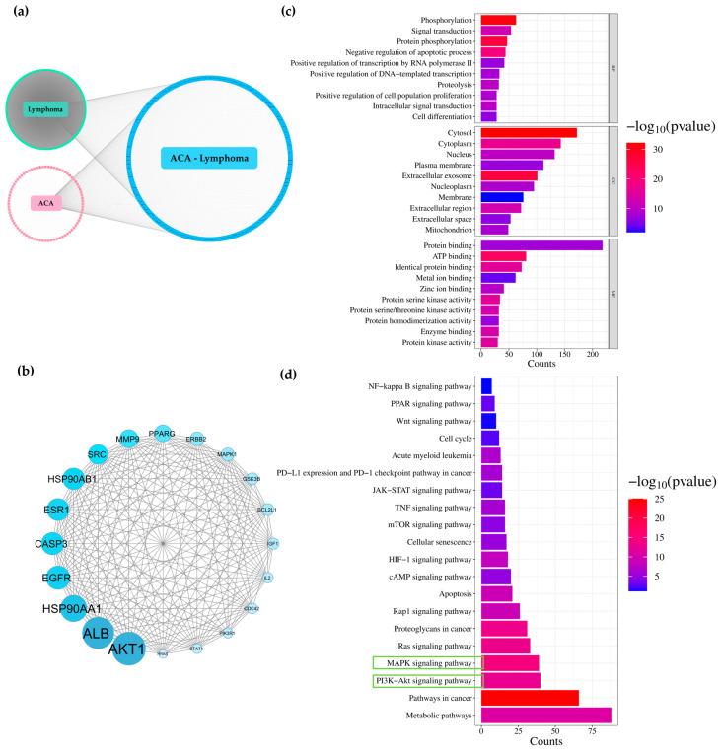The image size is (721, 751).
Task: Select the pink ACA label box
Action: tap(44, 203)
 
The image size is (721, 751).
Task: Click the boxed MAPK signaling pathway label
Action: tap(428, 663)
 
